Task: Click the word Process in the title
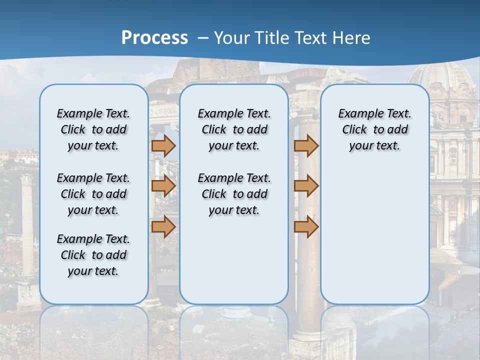154,37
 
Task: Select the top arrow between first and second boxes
163,145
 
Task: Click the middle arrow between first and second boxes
163,186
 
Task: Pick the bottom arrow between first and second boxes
163,226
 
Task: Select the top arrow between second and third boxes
306,145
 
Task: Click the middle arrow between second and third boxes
306,186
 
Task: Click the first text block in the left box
93,129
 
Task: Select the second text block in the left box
93,194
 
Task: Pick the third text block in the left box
93,255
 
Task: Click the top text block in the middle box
234,129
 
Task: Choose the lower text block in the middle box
234,194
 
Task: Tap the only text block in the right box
374,129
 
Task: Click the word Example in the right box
357,113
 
